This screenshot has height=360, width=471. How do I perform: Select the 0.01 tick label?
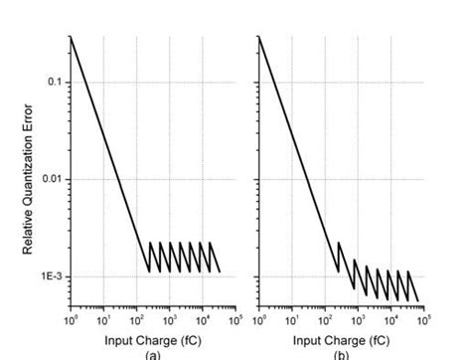pos(52,179)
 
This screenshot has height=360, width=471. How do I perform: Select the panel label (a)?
pos(151,354)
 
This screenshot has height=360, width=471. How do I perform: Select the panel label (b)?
pos(341,354)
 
